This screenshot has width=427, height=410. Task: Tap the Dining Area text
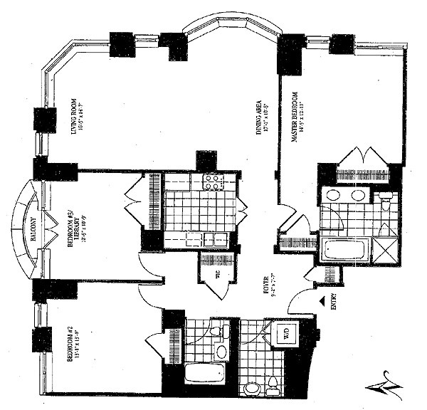265,117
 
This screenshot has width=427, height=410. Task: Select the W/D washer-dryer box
283,332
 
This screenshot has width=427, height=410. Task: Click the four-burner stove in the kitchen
211,181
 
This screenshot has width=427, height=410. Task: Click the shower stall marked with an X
384,249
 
